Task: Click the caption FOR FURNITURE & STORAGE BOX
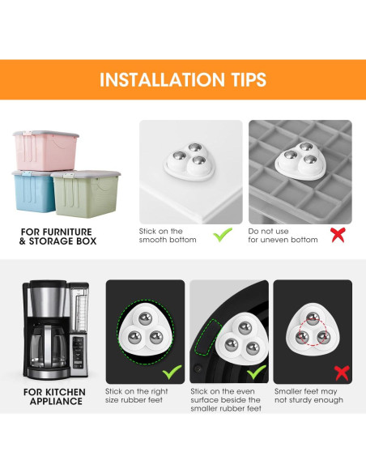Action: click(x=57, y=236)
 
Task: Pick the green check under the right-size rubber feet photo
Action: click(x=170, y=373)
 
